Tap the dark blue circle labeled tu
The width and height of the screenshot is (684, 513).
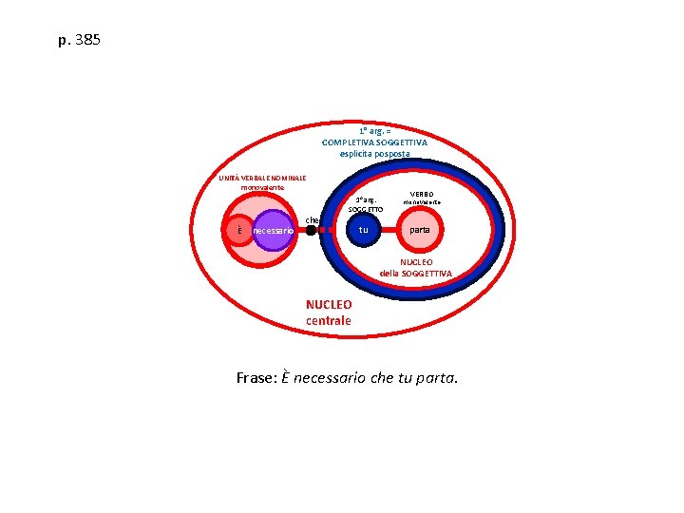tap(363, 230)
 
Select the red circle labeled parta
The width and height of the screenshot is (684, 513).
tap(419, 230)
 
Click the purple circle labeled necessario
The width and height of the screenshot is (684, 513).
tap(274, 230)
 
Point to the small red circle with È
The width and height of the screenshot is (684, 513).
tap(240, 230)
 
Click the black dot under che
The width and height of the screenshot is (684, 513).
tap(311, 230)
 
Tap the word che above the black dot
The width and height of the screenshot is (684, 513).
tap(311, 219)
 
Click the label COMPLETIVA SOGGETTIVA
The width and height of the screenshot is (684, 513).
tap(374, 142)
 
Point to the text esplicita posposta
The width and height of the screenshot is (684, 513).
tap(374, 154)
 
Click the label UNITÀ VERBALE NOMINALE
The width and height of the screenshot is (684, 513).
tap(262, 179)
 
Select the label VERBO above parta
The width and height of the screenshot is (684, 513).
tap(422, 194)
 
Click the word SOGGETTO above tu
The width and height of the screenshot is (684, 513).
tap(366, 209)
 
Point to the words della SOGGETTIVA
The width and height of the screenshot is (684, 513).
tap(416, 274)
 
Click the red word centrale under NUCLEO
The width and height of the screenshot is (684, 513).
tap(329, 321)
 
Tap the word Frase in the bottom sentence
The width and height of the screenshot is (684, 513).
tap(256, 378)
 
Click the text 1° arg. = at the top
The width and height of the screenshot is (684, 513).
tap(374, 131)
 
